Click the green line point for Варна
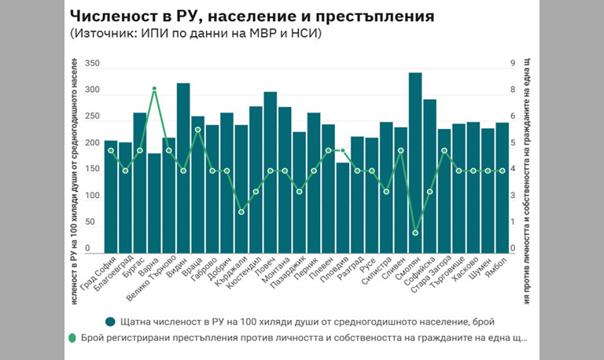[x=154, y=89]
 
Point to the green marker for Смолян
[x=415, y=233]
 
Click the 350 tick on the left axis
[x=92, y=64]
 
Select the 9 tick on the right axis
[x=513, y=64]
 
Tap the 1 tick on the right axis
[x=513, y=222]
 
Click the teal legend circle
[x=112, y=321]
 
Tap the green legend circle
[x=72, y=338]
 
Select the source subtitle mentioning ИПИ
[x=195, y=34]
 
